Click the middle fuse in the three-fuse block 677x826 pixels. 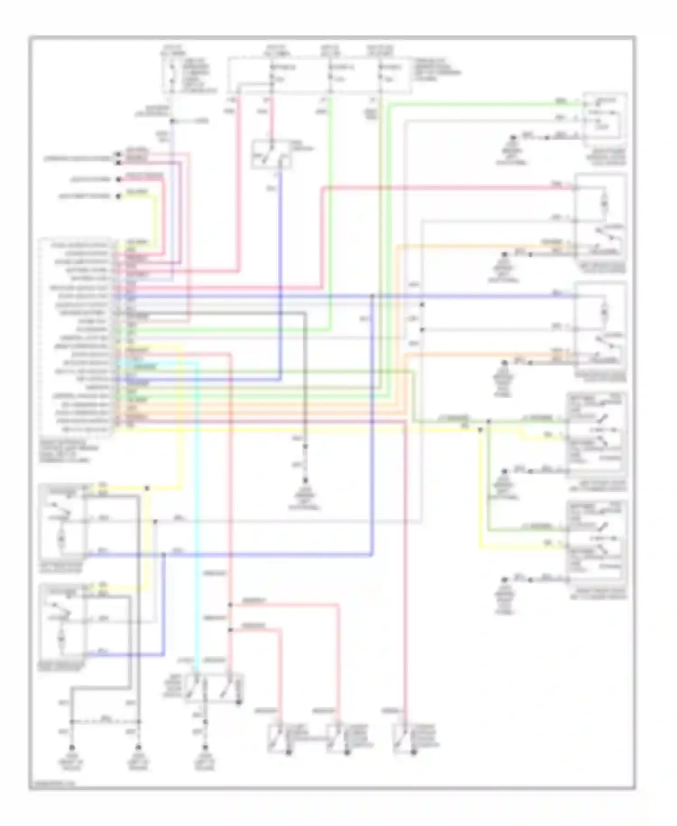click(331, 75)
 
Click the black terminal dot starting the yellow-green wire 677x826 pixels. click(118, 197)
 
